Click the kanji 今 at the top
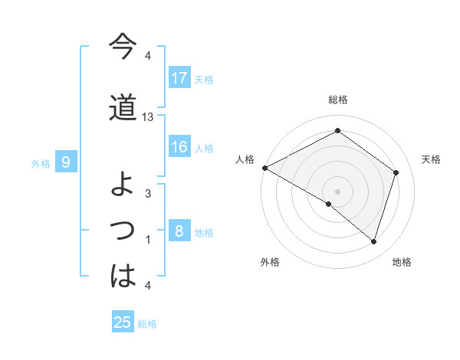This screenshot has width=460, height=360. [x=123, y=47]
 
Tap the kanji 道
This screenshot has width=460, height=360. [x=123, y=108]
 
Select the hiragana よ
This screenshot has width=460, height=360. [x=123, y=184]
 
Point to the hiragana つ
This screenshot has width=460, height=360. [x=123, y=230]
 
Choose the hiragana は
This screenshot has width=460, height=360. [x=123, y=277]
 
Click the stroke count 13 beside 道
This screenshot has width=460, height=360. [x=148, y=117]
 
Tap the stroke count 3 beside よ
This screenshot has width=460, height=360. [x=148, y=193]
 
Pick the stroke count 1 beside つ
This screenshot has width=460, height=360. [x=148, y=240]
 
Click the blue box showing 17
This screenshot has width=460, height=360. [x=179, y=77]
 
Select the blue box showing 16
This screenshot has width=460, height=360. [x=179, y=147]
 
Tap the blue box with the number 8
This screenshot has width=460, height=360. [x=179, y=231]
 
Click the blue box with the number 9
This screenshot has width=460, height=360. [x=67, y=162]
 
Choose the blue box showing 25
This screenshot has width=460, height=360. [x=123, y=322]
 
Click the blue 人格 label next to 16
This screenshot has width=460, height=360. [x=204, y=148]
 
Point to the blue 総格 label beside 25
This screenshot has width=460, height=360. [x=147, y=324]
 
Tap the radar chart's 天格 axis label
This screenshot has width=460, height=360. [x=432, y=159]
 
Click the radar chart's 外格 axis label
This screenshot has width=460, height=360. [x=270, y=262]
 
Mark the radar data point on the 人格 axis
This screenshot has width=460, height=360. [x=264, y=168]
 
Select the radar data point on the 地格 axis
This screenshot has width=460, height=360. [x=374, y=242]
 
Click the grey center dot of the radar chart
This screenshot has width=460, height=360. [x=337, y=190]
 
